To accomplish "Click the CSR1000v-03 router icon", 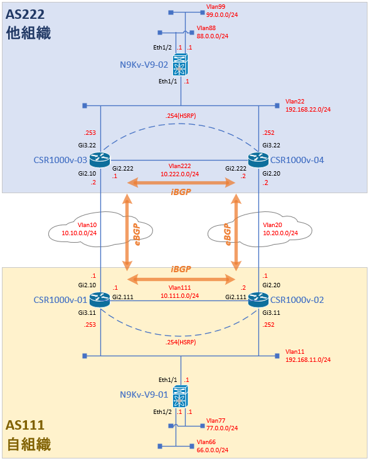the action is click(100, 160).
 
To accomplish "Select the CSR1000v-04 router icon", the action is click(258, 160).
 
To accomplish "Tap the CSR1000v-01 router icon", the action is click(100, 300).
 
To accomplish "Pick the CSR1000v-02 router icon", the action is click(258, 300).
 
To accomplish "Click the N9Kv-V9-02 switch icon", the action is click(181, 65).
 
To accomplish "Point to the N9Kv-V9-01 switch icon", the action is click(181, 396).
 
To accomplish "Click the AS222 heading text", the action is click(25, 14).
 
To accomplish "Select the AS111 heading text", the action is click(25, 425).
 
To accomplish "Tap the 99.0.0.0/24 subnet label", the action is click(222, 14).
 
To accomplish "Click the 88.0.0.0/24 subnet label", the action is click(213, 36).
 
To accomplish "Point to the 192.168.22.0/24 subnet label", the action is click(308, 109).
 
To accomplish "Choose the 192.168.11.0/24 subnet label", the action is click(308, 359).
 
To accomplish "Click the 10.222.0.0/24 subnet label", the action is click(179, 174).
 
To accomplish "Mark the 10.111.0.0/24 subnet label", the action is click(179, 295).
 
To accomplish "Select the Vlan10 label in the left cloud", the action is click(87, 225).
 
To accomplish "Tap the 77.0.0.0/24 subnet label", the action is click(222, 428).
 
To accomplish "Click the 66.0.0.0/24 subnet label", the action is click(213, 450).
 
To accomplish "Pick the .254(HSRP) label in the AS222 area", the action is click(181, 116).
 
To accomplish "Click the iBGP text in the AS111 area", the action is click(181, 269).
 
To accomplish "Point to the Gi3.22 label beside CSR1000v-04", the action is click(272, 146).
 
